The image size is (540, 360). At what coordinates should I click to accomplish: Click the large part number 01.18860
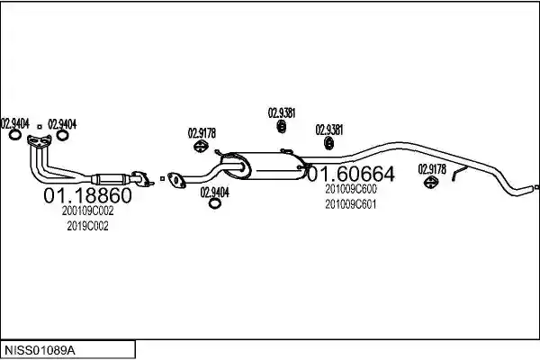87,195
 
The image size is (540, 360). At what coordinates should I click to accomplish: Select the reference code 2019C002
87,226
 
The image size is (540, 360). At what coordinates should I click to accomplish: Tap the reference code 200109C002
87,211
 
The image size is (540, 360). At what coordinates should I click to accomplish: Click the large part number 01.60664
351,174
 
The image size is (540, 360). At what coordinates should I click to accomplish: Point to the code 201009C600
351,189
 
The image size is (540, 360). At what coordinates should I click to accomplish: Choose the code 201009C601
351,204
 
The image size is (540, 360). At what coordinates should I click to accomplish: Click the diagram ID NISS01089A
40,351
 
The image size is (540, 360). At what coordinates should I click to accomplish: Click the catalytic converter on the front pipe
110,179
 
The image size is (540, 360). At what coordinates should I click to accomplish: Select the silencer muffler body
264,166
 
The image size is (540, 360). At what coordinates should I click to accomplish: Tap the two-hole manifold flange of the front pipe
40,140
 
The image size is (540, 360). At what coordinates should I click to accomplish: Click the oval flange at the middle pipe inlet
176,181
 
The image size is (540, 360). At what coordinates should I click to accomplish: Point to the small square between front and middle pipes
162,179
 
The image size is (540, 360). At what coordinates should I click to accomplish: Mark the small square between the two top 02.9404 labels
40,127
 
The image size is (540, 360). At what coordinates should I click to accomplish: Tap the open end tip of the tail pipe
536,187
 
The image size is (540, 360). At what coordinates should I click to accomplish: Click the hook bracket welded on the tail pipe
459,174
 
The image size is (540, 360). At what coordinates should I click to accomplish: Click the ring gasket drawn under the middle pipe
215,203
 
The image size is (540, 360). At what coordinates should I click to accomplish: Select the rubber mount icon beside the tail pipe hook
431,182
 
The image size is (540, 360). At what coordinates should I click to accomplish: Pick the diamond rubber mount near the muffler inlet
201,146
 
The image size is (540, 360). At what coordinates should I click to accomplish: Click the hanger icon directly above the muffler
282,126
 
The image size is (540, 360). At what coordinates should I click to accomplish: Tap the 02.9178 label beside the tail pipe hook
432,169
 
